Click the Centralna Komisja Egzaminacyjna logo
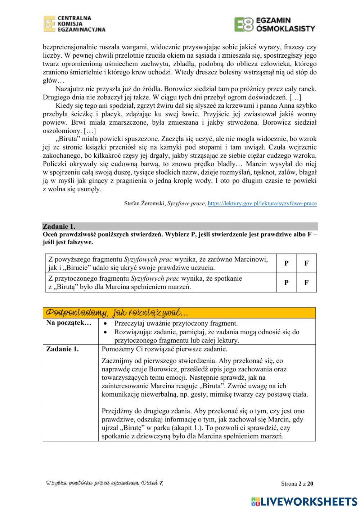coord(75,24)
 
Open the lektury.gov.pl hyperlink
coord(262,204)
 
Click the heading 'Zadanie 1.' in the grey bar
coord(59,227)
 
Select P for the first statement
coord(286,263)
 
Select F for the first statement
coord(306,263)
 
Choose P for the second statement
coord(286,282)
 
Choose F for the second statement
coord(306,282)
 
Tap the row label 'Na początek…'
coord(69,323)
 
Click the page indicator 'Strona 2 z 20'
coord(297,484)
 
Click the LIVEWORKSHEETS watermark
coord(304,501)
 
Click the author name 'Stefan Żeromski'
coord(145,204)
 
